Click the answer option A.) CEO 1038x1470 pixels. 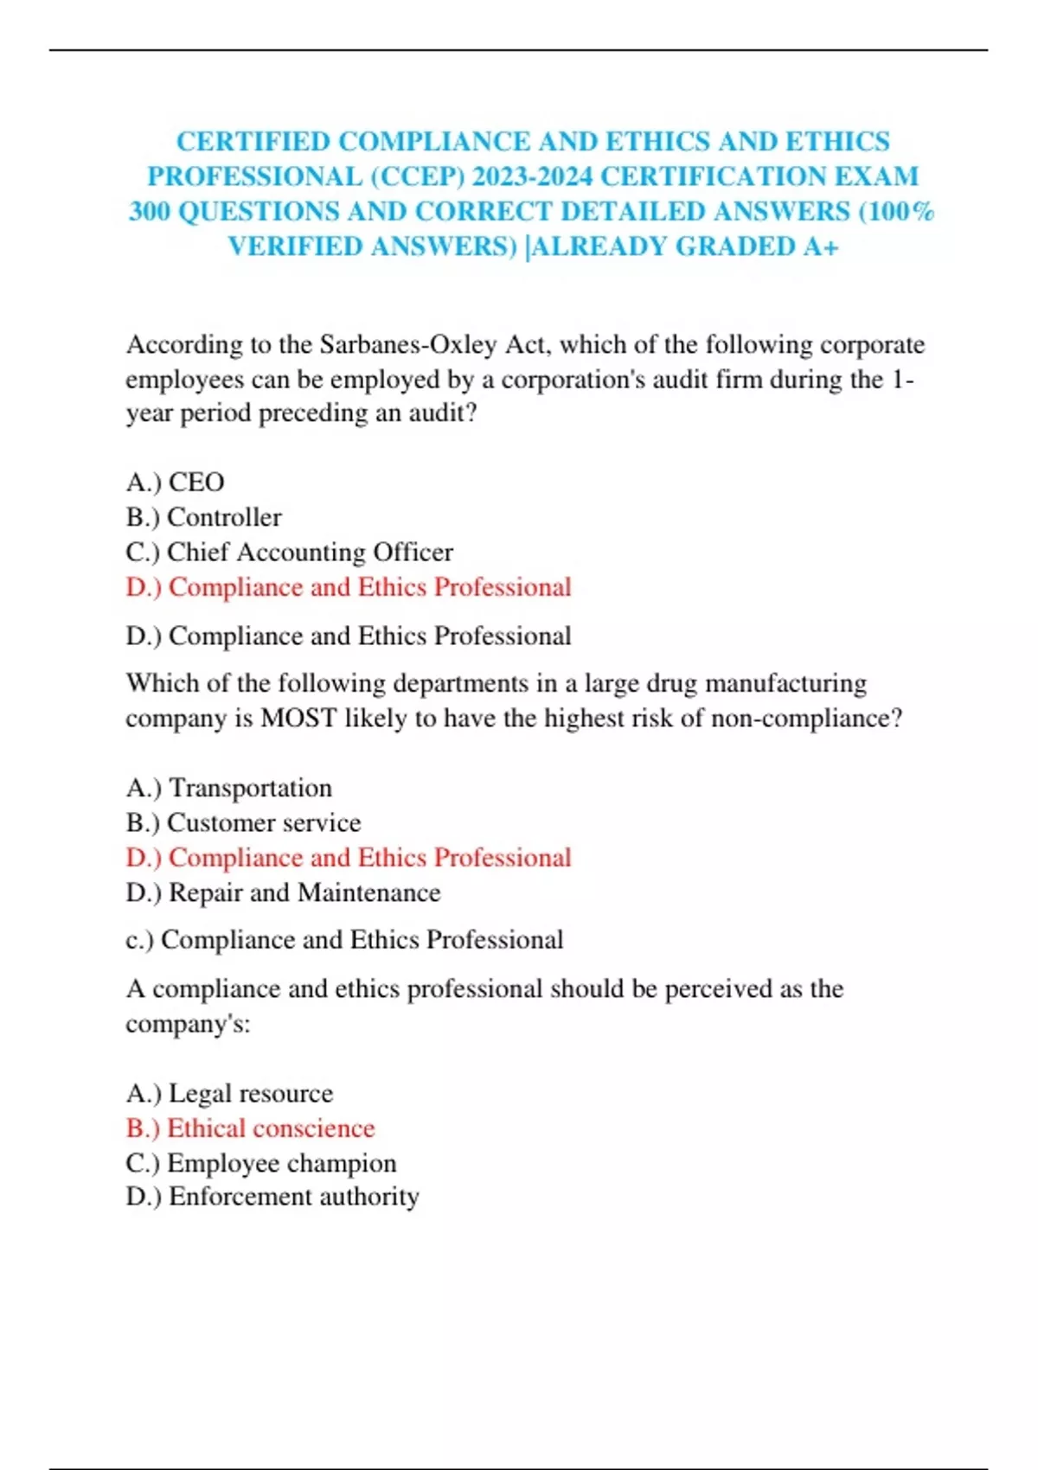pyautogui.click(x=175, y=482)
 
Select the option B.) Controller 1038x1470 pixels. pyautogui.click(x=203, y=517)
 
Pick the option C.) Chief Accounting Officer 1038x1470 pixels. pyautogui.click(x=289, y=552)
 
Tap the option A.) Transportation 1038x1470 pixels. pyautogui.click(x=228, y=788)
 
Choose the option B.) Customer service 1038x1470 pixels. pyautogui.click(x=243, y=822)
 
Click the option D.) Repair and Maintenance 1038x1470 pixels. pyautogui.click(x=283, y=892)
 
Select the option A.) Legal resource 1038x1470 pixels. pyautogui.click(x=229, y=1093)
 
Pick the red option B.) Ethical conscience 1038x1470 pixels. pyautogui.click(x=250, y=1128)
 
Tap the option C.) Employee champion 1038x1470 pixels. pyautogui.click(x=260, y=1163)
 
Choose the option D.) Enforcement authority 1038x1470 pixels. pyautogui.click(x=272, y=1197)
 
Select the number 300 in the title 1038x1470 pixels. pyautogui.click(x=149, y=212)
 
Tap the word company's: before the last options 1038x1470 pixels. pyautogui.click(x=188, y=1025)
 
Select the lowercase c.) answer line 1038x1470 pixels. pyautogui.click(x=344, y=940)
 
